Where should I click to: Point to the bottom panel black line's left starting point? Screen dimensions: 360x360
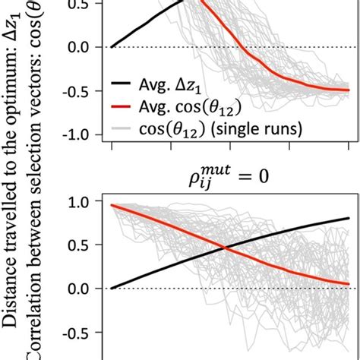[x=112, y=289]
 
